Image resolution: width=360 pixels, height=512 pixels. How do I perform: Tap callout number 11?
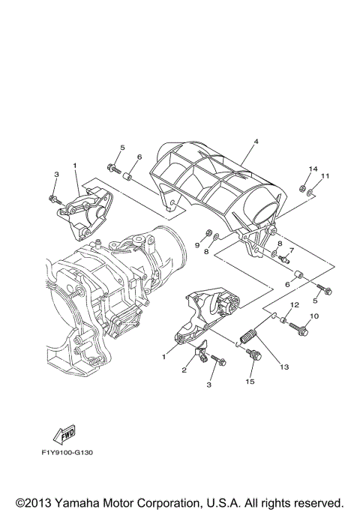pos(325,176)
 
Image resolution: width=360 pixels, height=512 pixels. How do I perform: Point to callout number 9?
pos(199,244)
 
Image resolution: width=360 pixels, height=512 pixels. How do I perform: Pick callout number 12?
pos(294,305)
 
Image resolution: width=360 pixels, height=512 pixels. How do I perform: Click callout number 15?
pos(250,382)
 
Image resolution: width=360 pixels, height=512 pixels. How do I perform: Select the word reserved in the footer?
pos(318,501)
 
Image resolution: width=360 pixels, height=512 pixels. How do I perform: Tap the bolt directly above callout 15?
pos(256,356)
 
